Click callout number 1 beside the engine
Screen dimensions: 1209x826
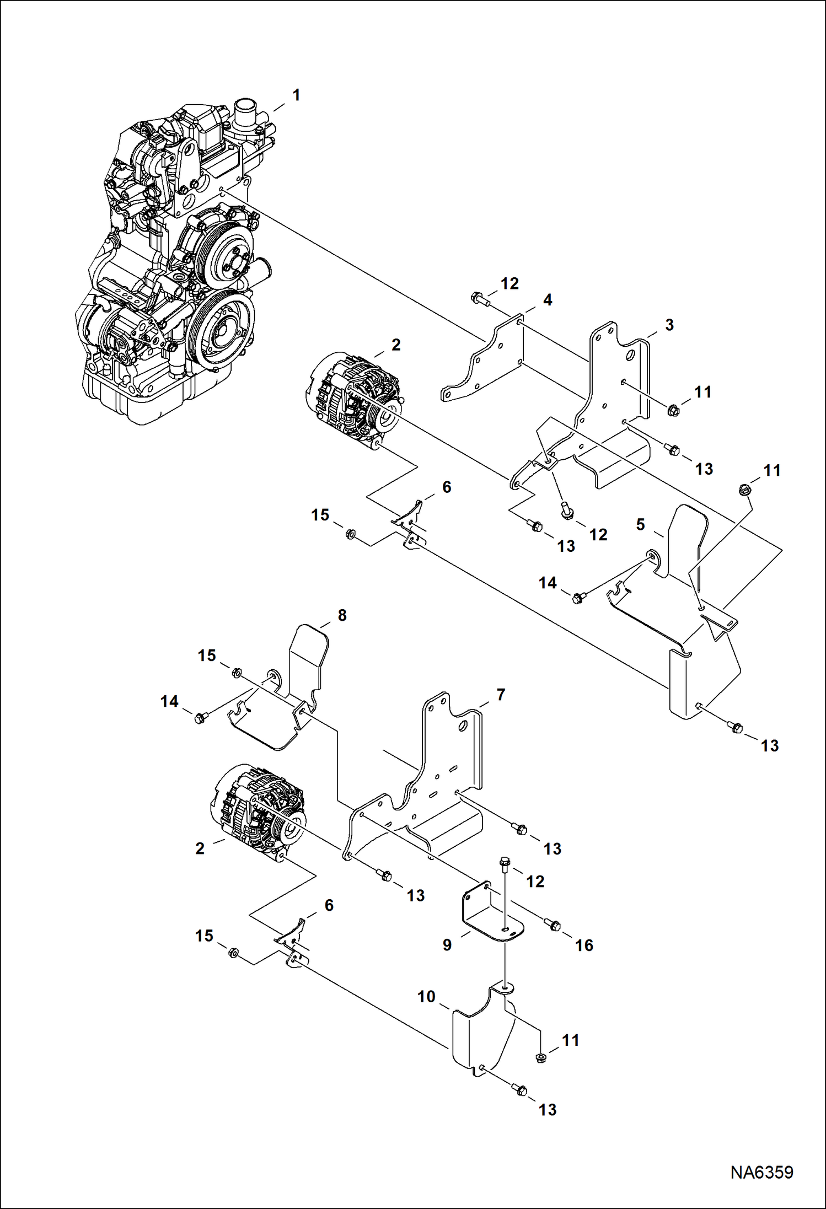[x=296, y=95]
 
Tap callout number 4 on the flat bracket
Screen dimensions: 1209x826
[x=547, y=300]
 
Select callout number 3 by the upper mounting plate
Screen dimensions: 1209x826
[x=669, y=325]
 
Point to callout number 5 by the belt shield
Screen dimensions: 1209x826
[x=640, y=524]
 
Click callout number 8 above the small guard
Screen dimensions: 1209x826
[x=342, y=615]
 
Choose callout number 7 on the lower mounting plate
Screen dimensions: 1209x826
[x=500, y=695]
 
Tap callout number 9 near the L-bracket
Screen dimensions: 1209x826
[x=447, y=944]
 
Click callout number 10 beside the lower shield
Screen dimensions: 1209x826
[x=426, y=996]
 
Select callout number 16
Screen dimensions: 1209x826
[x=584, y=945]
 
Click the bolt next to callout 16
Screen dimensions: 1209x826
[x=553, y=925]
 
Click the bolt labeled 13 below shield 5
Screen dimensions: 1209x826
[x=736, y=727]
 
